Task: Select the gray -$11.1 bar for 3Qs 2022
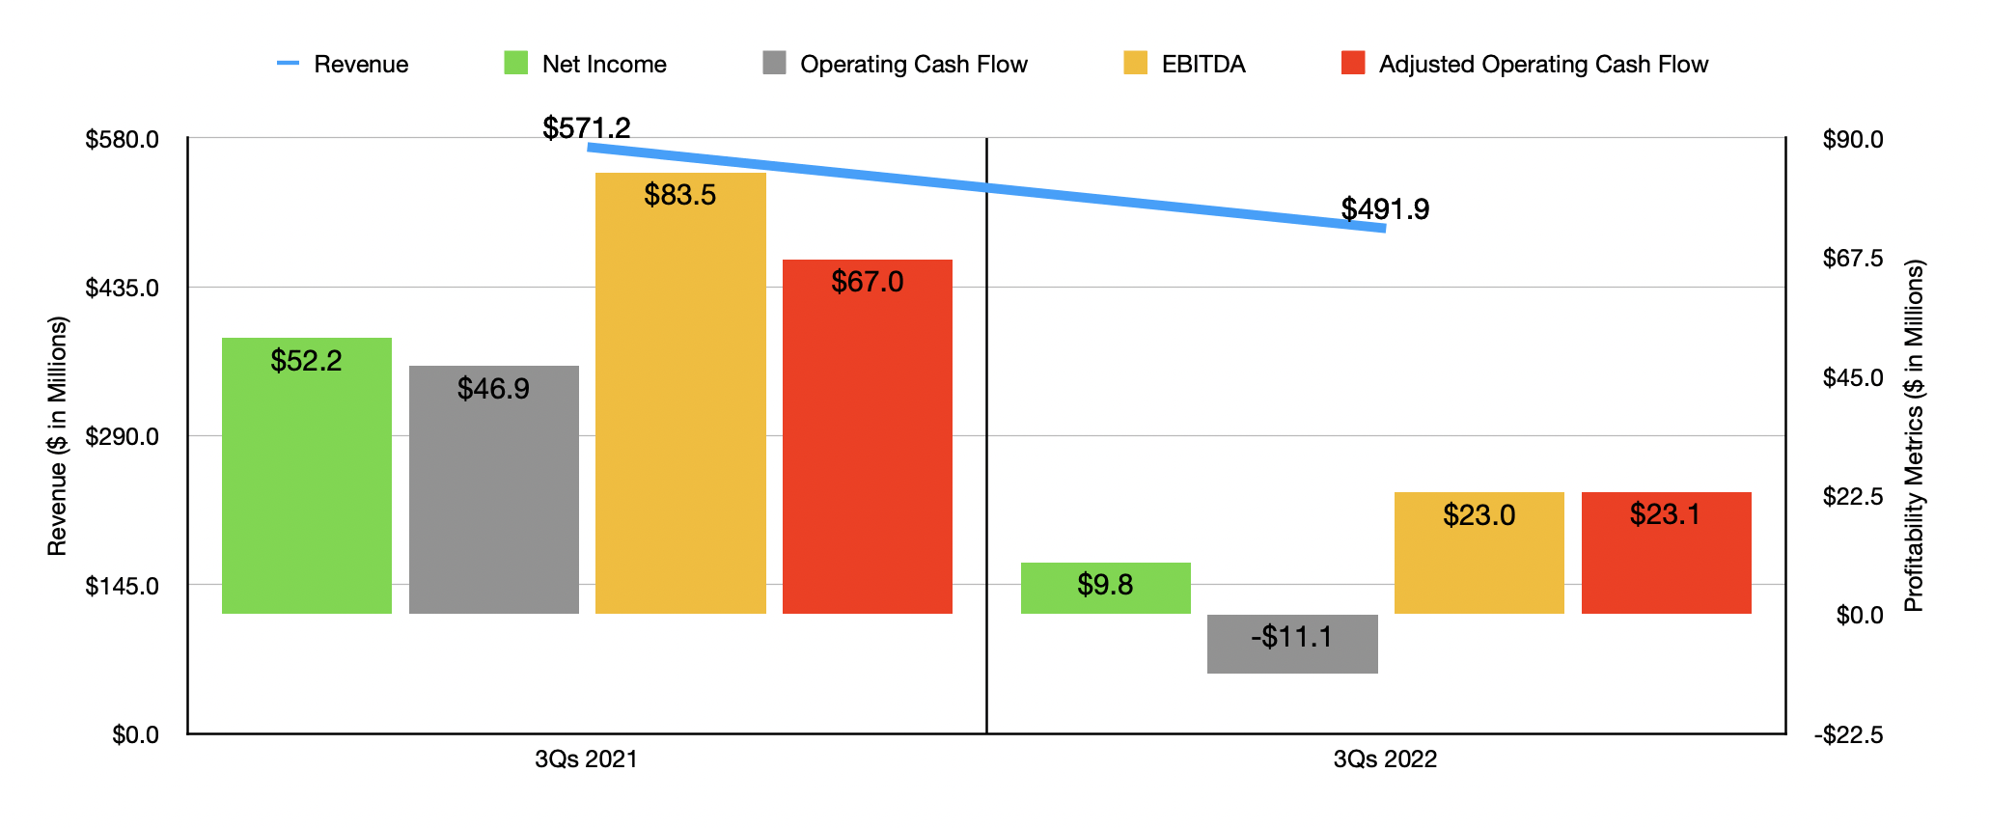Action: (x=1292, y=644)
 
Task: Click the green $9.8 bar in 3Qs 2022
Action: (x=1106, y=588)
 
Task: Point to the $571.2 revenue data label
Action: (x=587, y=127)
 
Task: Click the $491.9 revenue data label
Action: (x=1385, y=208)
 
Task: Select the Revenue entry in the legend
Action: (x=343, y=65)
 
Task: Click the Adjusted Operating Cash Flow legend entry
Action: (x=1525, y=65)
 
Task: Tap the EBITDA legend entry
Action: (x=1185, y=65)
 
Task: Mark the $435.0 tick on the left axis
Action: (x=123, y=288)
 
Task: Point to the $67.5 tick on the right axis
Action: (x=1852, y=258)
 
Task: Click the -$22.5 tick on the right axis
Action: (x=1848, y=735)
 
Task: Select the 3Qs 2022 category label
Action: (x=1385, y=759)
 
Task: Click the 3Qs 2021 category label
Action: (x=587, y=759)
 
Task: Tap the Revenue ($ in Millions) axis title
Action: (x=58, y=436)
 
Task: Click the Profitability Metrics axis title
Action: (x=1914, y=436)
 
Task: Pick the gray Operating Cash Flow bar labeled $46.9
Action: (x=494, y=489)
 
